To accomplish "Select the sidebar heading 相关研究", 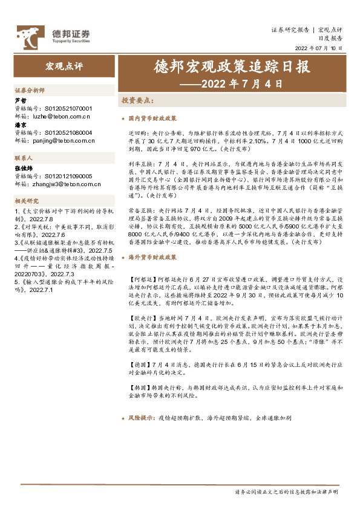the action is click(x=27, y=201).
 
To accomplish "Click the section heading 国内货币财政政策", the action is click(x=152, y=118).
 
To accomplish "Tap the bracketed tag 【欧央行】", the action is click(x=143, y=316).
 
